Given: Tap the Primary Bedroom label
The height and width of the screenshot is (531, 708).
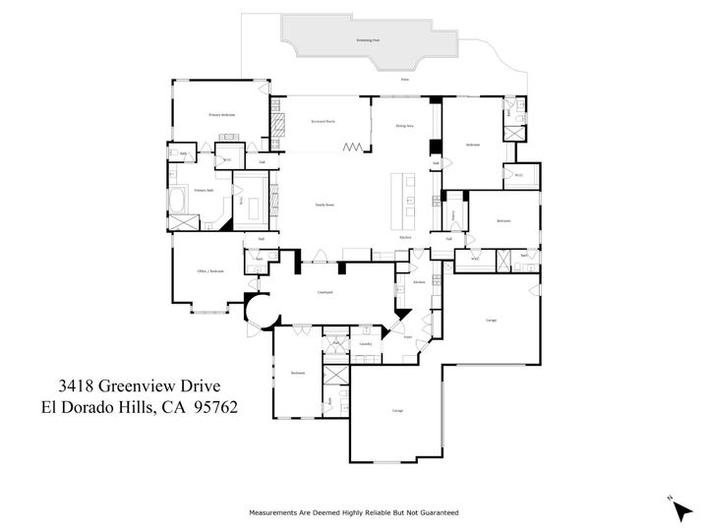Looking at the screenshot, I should [220, 115].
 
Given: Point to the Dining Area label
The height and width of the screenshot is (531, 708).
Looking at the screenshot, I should [403, 126].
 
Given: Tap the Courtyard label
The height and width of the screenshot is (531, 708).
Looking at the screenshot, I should [324, 292].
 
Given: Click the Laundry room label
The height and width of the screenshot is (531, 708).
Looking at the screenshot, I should [364, 344].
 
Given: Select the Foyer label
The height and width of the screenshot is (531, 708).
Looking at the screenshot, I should [406, 336].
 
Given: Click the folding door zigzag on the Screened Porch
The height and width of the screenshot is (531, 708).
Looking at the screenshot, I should [352, 147].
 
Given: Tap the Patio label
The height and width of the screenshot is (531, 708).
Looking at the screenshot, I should [404, 78].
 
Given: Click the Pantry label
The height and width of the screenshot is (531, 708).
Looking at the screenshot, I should [453, 214].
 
